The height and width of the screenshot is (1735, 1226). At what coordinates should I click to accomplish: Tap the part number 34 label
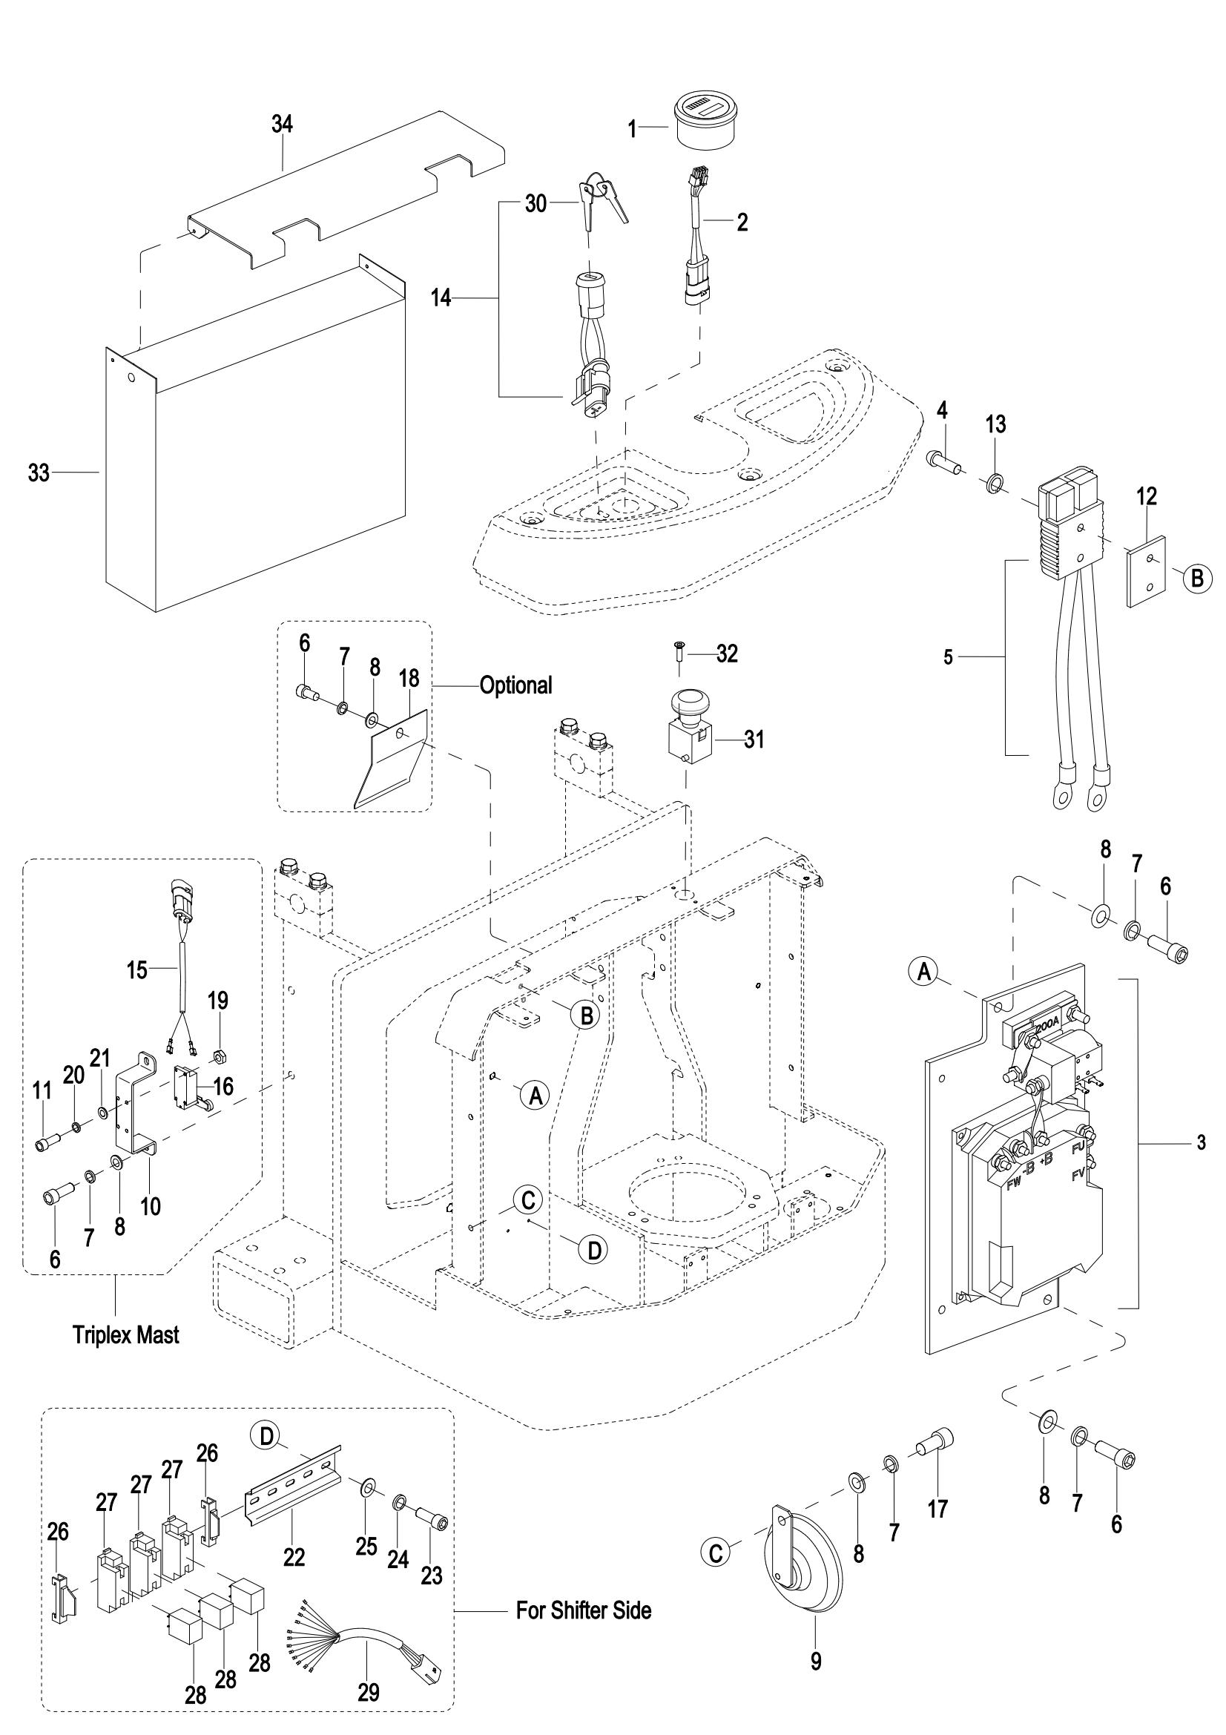(x=282, y=124)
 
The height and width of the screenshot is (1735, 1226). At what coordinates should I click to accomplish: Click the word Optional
(x=516, y=685)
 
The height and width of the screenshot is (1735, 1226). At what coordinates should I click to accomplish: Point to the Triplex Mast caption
(x=126, y=1356)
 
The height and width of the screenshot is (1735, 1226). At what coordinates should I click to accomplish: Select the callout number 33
(x=39, y=473)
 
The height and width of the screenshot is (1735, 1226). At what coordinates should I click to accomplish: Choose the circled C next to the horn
(x=716, y=1553)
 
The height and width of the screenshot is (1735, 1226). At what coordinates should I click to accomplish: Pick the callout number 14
(x=441, y=298)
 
